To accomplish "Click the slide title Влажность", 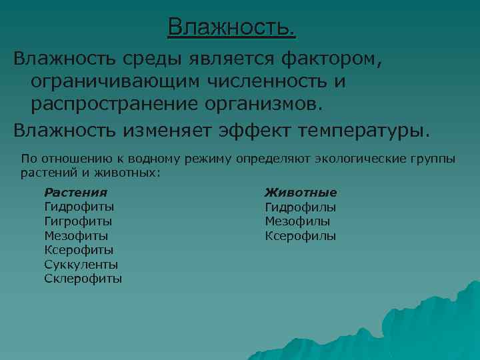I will coord(231,28).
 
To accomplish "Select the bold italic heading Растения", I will coord(75,192).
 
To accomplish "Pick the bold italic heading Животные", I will coord(301,192).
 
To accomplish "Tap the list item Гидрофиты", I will coord(79,207).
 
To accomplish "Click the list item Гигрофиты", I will coord(78,221).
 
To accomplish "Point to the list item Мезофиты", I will coord(76,235).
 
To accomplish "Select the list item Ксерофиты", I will coord(79,250).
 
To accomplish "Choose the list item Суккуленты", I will coord(81,265).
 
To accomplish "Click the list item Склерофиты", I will coord(83,279).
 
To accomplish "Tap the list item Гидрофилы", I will coord(300,207).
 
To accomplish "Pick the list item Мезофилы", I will coord(297,221).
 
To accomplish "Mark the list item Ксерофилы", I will coord(300,235).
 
